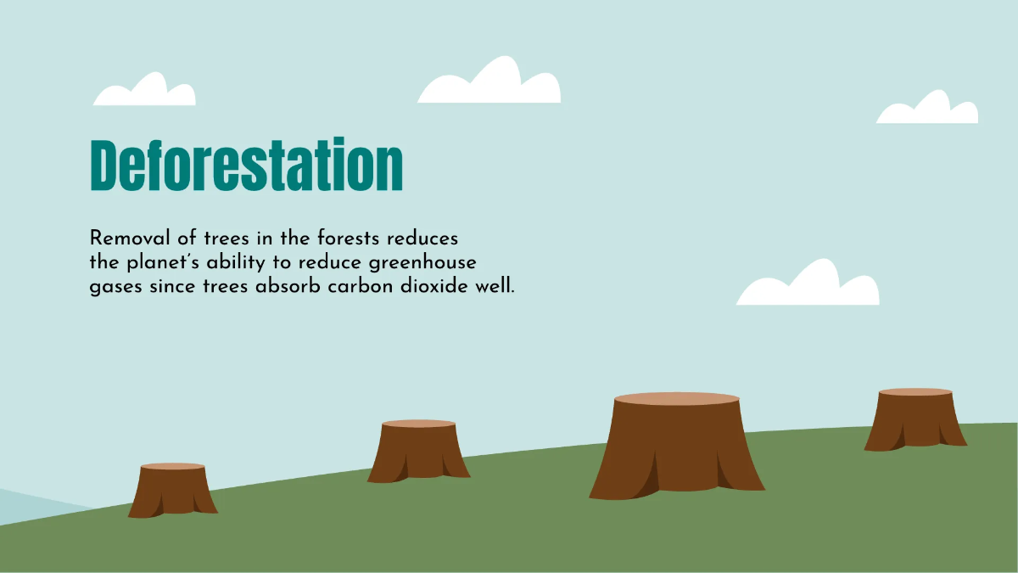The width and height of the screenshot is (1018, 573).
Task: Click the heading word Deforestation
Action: (x=246, y=165)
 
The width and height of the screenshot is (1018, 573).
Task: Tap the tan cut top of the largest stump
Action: (x=676, y=399)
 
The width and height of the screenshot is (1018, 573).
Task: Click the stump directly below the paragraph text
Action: (x=418, y=454)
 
